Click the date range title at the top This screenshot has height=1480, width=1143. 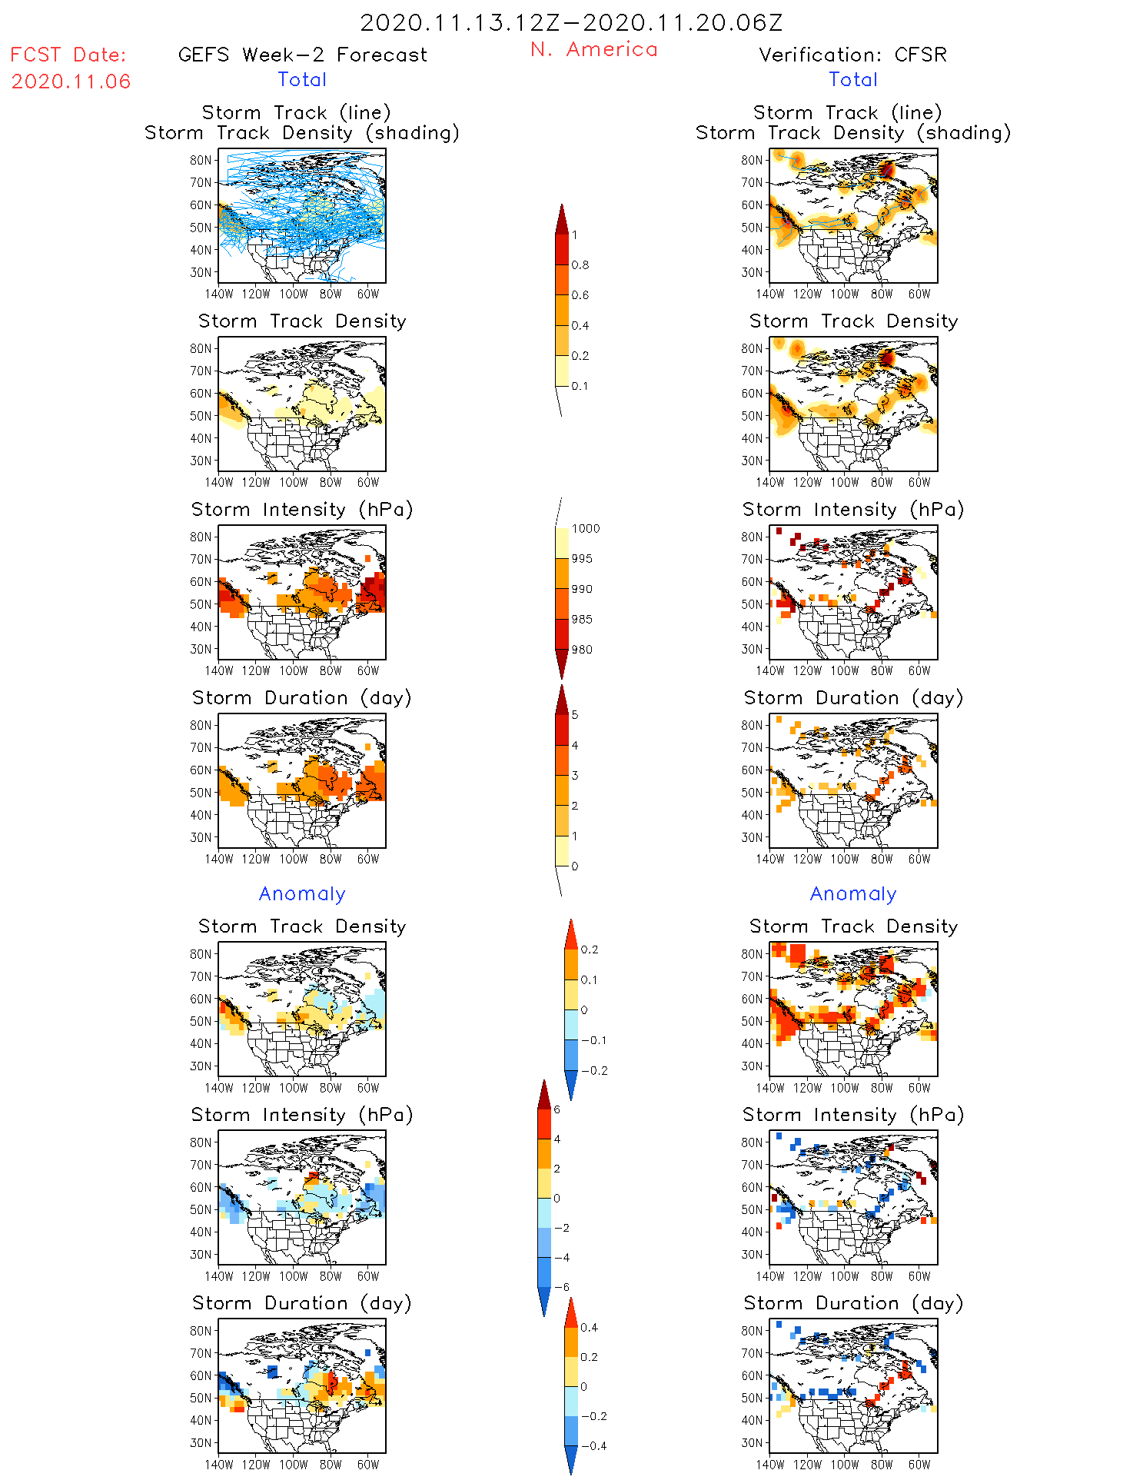571,23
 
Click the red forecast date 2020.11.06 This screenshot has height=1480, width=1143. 71,81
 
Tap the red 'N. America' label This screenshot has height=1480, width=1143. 593,50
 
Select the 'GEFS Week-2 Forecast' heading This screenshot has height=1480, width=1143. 302,55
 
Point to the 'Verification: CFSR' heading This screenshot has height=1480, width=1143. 852,55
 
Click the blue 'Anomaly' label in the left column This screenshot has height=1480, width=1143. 302,894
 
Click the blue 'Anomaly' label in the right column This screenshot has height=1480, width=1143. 853,894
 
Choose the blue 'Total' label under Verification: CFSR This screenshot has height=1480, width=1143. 853,80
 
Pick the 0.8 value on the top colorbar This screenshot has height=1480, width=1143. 580,265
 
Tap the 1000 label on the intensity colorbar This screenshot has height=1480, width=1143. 585,529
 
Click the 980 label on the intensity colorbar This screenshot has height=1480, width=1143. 582,650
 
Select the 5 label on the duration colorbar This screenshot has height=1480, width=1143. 575,715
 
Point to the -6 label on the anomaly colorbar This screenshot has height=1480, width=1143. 562,1287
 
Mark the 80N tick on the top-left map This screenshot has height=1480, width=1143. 201,160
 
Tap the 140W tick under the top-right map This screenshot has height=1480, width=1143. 770,294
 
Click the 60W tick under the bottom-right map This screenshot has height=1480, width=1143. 919,1465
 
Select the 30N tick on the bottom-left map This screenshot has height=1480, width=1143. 201,1442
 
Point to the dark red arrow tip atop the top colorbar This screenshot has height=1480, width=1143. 562,209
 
